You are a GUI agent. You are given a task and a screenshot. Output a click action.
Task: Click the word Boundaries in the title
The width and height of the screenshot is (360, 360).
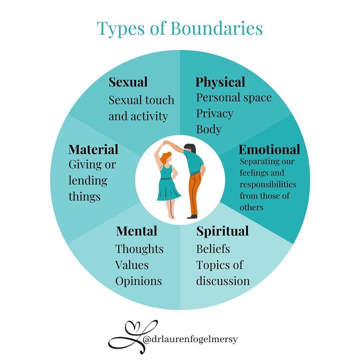(x=216, y=28)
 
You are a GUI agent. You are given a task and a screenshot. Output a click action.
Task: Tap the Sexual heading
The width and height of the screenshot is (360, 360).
(x=128, y=82)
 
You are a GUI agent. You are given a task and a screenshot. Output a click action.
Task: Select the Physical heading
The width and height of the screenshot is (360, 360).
(x=220, y=82)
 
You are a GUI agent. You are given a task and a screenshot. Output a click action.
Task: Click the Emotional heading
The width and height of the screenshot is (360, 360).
(x=269, y=149)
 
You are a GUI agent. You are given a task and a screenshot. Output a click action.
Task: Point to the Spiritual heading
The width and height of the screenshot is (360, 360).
(x=222, y=231)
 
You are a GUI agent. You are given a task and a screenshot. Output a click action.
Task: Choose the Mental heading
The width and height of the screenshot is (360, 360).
(x=137, y=231)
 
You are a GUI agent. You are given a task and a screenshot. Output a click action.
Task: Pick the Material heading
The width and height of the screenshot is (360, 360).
(x=93, y=149)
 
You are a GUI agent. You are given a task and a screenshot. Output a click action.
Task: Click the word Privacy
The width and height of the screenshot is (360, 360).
(x=214, y=113)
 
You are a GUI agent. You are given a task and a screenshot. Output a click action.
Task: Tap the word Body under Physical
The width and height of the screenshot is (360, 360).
(x=209, y=129)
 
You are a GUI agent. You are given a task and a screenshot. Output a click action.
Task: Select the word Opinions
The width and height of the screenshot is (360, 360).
(x=139, y=281)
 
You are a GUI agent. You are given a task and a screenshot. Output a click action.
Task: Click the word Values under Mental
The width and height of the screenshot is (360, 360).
(x=132, y=265)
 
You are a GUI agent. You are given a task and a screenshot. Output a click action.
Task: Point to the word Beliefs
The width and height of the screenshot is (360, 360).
(x=213, y=249)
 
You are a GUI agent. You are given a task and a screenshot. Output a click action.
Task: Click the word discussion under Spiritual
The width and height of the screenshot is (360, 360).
(x=223, y=281)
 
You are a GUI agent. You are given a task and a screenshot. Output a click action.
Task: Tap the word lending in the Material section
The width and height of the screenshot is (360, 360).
(x=88, y=180)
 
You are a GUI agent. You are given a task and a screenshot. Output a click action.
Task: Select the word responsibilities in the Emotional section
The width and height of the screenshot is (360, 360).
(x=268, y=184)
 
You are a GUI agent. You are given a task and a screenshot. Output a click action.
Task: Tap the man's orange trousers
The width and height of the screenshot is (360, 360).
(x=194, y=193)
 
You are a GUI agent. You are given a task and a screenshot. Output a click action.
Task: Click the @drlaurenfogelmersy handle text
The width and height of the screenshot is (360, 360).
(x=190, y=339)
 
